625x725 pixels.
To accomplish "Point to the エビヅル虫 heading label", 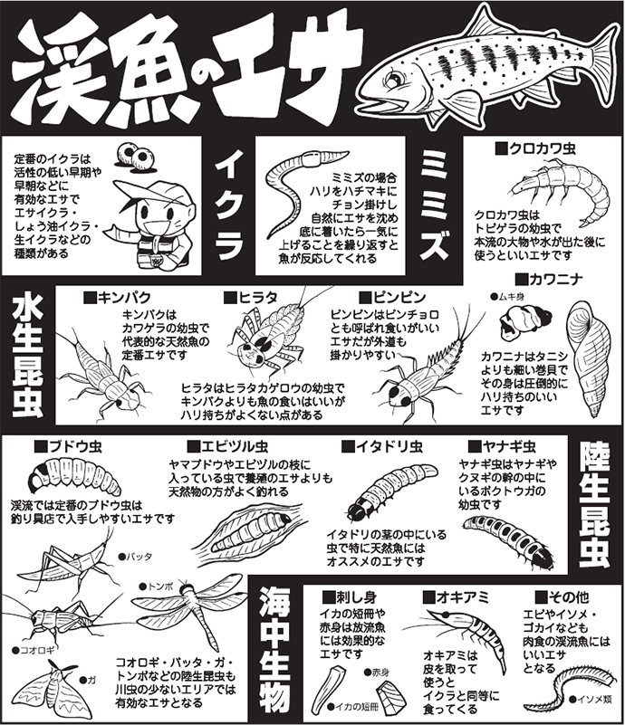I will [x=226, y=447].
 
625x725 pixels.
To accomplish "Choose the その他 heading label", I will [x=562, y=596].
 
